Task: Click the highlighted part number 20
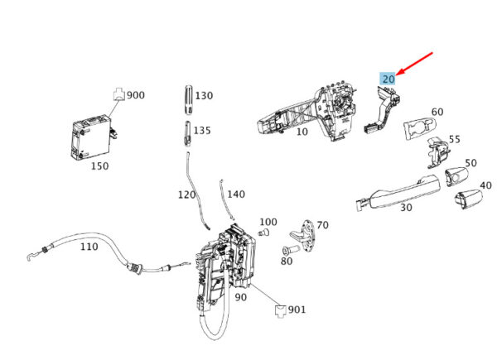pos(388,79)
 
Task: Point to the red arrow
pos(414,64)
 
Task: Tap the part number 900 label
pos(136,95)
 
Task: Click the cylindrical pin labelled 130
pos(188,100)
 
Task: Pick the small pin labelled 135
pos(187,134)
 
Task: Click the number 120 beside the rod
pos(186,194)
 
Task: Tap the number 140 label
pos(236,194)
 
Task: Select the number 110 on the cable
pos(89,247)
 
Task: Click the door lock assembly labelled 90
pos(225,266)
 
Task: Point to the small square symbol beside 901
pos(281,310)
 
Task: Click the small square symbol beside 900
pos(119,94)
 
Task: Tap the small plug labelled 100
pos(263,233)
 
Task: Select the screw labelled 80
pos(290,250)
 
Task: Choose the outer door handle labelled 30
pos(398,193)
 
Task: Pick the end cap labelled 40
pos(469,199)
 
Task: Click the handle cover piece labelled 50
pos(456,176)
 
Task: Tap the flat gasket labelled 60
pos(419,127)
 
